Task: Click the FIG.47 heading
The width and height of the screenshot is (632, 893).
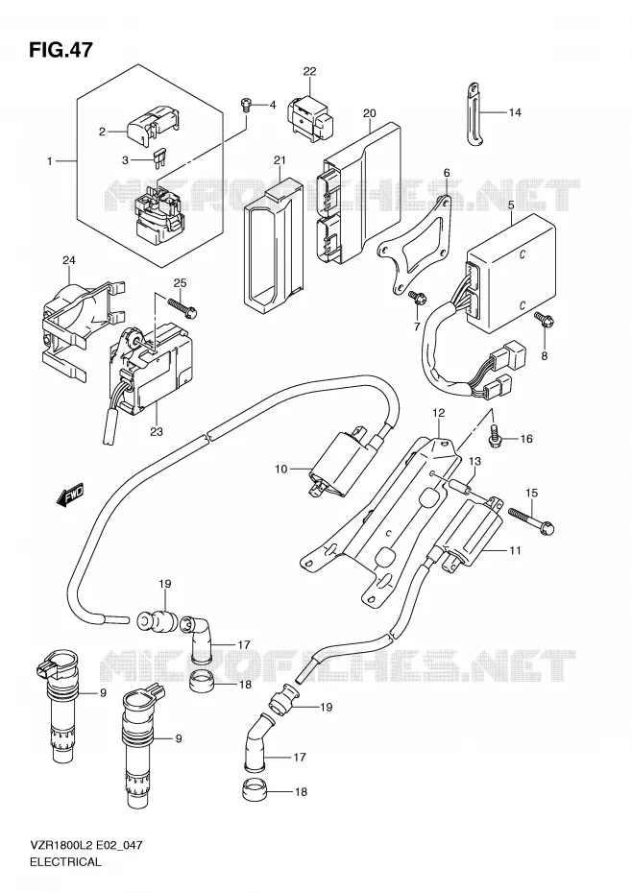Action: tap(61, 49)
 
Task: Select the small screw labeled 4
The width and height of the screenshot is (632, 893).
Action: tap(246, 105)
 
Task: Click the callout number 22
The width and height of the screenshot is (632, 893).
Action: tap(309, 71)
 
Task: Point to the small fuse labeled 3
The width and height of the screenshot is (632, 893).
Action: tap(158, 159)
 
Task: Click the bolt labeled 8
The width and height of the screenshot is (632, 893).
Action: tap(542, 320)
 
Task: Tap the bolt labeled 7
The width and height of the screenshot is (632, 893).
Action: tap(415, 297)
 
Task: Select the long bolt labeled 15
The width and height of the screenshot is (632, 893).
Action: tap(530, 520)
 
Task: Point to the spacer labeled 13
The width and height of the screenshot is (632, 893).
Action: tap(461, 488)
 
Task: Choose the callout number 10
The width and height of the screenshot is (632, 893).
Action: tap(281, 470)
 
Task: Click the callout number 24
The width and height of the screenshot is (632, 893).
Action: tap(69, 261)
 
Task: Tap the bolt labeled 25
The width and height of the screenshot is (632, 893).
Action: tap(182, 307)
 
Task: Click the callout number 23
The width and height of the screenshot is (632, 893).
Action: tap(157, 431)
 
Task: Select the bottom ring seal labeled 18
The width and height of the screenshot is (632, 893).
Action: tap(251, 788)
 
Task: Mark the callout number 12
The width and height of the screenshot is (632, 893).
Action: tap(438, 412)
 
